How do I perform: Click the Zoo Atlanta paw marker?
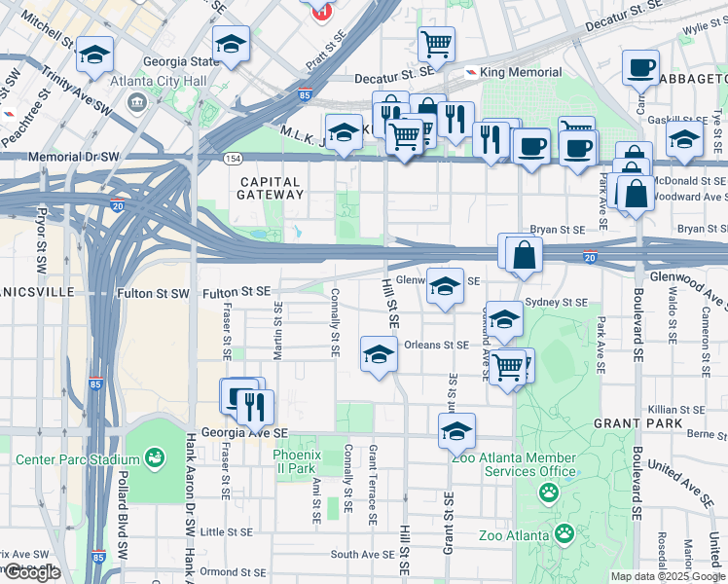pyautogui.click(x=564, y=533)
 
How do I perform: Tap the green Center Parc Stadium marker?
pyautogui.click(x=154, y=456)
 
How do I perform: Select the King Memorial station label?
pyautogui.click(x=521, y=72)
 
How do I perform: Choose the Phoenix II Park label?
pyautogui.click(x=295, y=461)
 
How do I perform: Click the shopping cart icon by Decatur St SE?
pyautogui.click(x=436, y=43)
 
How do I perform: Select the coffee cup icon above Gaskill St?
pyautogui.click(x=641, y=67)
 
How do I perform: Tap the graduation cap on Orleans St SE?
pyautogui.click(x=379, y=353)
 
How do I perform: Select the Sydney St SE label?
pyautogui.click(x=556, y=303)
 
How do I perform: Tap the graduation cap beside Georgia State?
pyautogui.click(x=231, y=44)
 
